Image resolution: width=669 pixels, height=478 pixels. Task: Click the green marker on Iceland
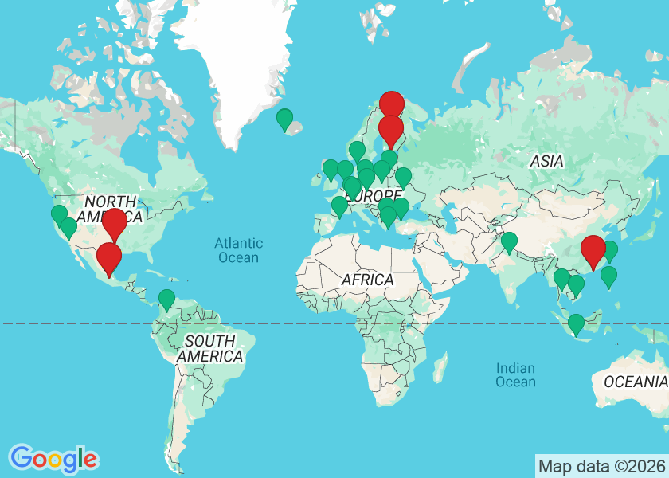pos(284,119)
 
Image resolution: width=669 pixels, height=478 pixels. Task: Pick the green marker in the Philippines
pos(608,276)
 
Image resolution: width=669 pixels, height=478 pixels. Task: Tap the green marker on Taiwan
pos(610,251)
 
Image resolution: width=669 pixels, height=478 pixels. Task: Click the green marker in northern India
pos(509,242)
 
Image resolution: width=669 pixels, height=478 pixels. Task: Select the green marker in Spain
pos(339,206)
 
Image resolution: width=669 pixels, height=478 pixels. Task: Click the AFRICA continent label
pos(368,280)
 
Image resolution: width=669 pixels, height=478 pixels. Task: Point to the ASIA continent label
pos(547,161)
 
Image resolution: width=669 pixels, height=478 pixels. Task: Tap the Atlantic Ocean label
pos(237,250)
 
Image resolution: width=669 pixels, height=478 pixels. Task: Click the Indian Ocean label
pos(515,374)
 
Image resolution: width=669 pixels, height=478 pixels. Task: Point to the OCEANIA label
pos(635,382)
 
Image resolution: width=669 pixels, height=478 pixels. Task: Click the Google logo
pos(54,458)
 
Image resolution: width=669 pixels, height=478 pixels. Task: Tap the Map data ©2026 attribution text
pos(601,466)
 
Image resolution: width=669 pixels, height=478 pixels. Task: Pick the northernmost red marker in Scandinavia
pos(391,104)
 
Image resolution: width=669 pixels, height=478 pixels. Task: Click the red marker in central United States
pos(115,223)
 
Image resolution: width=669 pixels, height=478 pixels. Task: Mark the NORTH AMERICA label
pos(112,209)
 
